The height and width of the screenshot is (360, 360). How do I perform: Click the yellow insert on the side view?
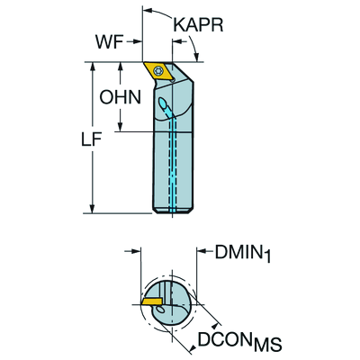pyautogui.click(x=163, y=71)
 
